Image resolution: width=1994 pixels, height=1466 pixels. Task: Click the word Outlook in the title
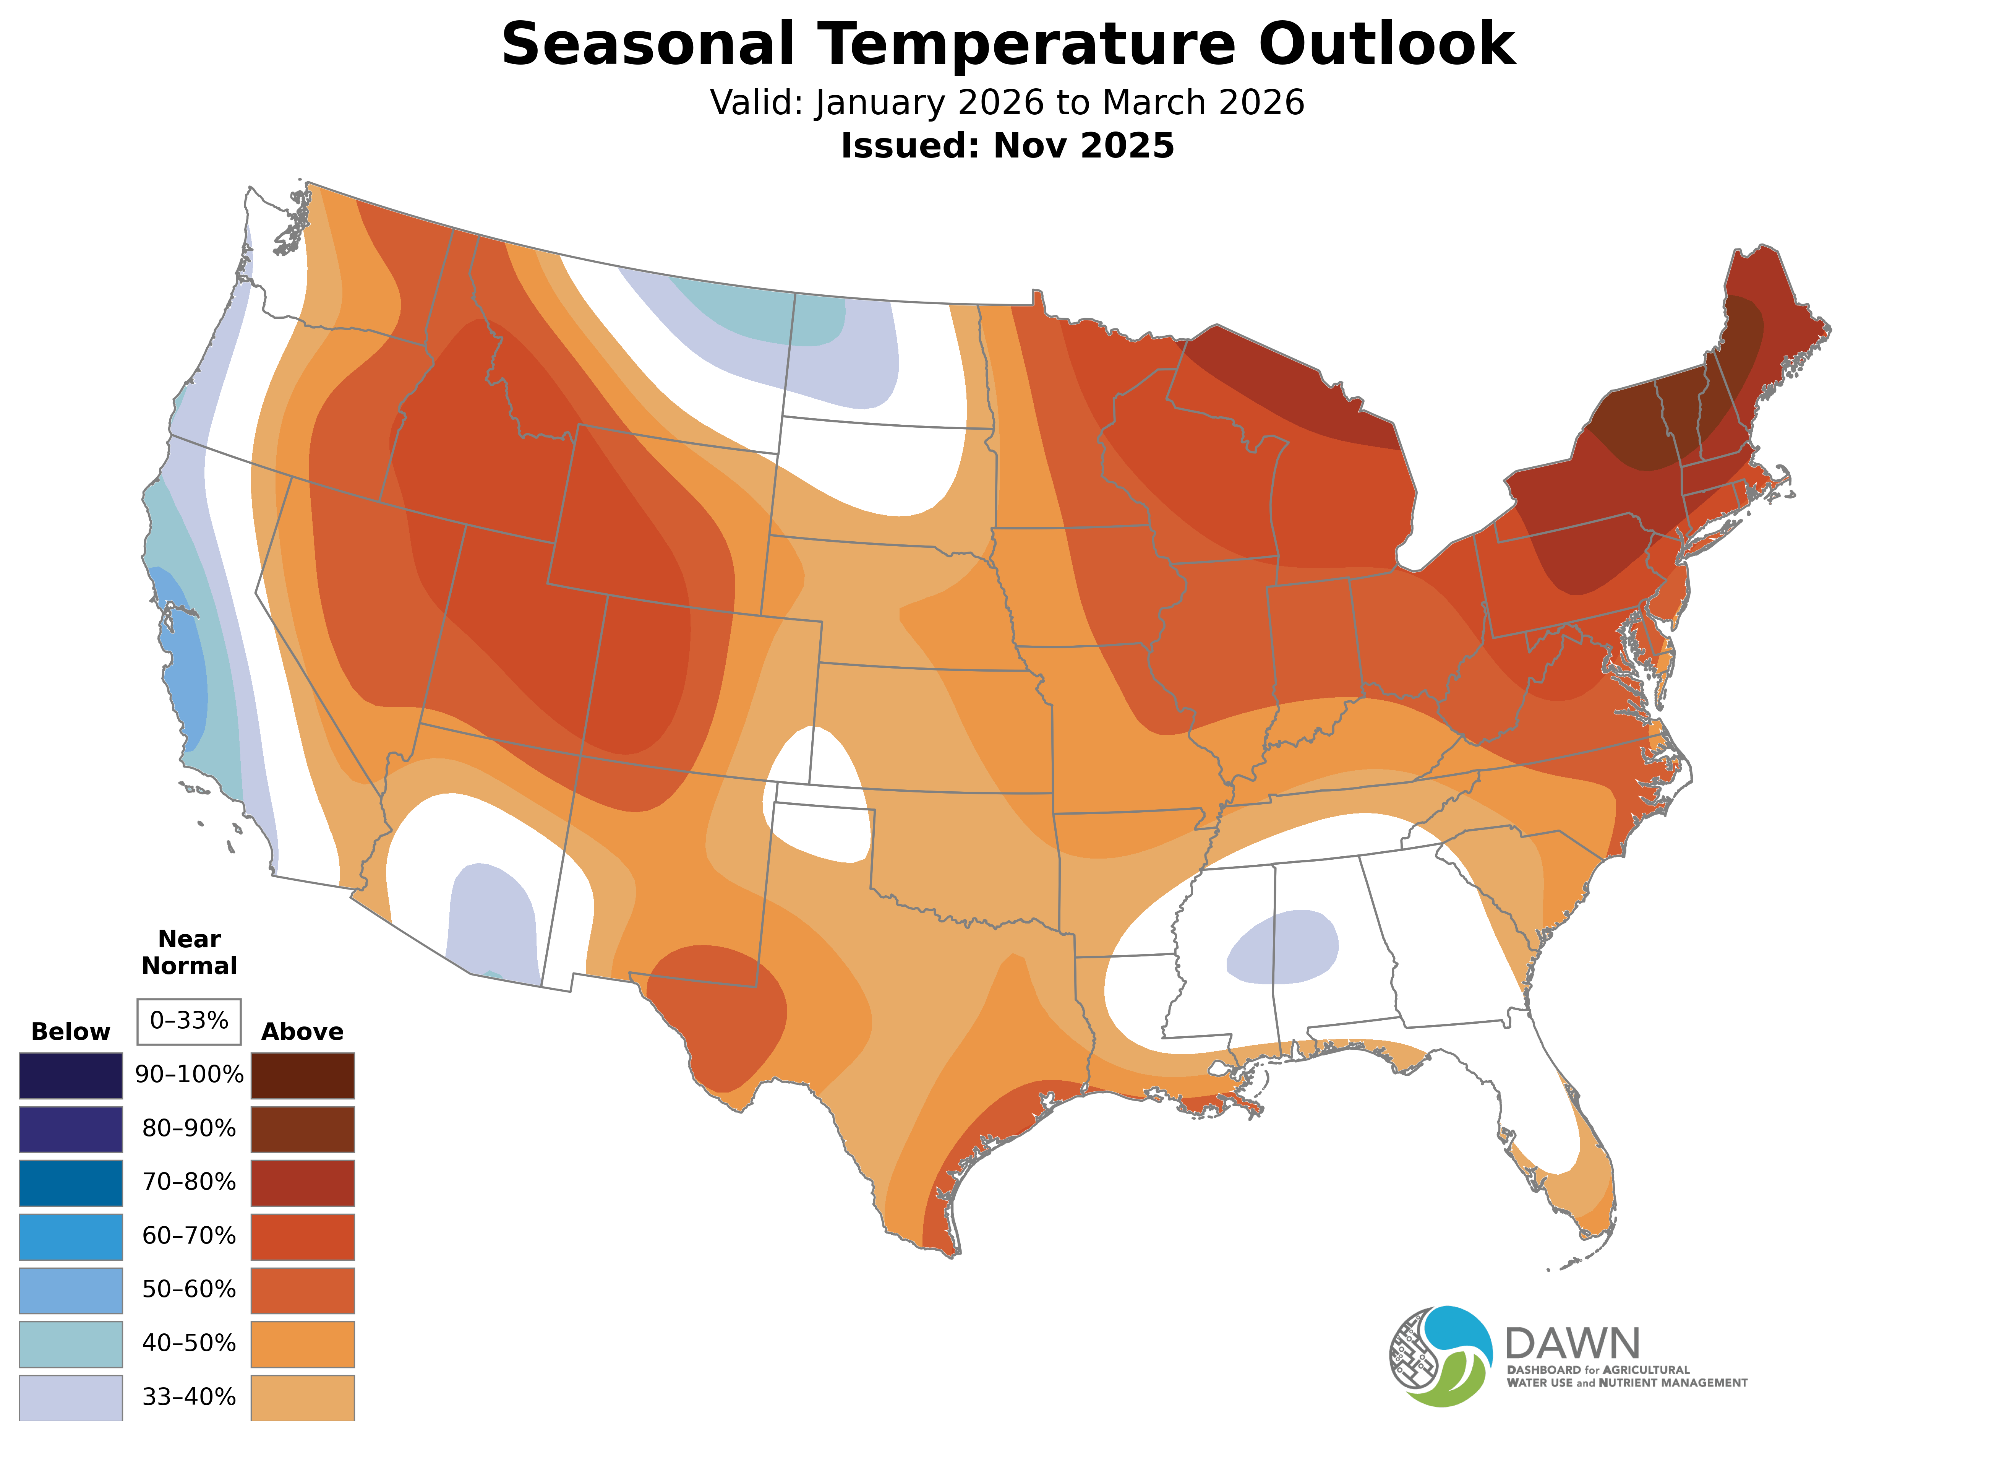(1386, 44)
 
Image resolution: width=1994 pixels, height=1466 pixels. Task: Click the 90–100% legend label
(189, 1075)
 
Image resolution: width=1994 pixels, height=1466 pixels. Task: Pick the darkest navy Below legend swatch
(71, 1076)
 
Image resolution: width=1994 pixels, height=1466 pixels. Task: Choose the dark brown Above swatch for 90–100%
(303, 1076)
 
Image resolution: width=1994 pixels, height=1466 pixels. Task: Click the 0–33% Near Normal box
(189, 1021)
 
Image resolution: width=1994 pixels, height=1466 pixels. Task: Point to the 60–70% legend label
(189, 1235)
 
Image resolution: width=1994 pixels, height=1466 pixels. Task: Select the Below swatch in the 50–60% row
(71, 1289)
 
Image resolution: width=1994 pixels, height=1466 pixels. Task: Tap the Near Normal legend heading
(189, 952)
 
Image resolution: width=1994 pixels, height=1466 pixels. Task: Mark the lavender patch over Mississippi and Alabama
(1282, 947)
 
